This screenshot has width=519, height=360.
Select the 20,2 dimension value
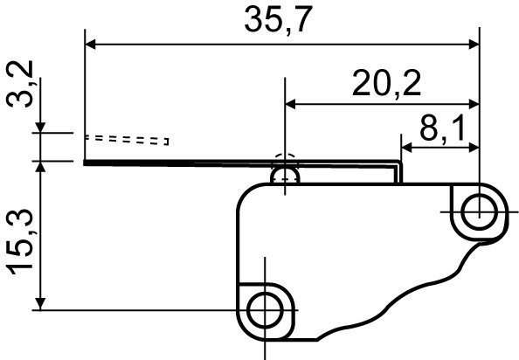pos(386,83)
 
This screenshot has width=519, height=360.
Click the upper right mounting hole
pos(477,211)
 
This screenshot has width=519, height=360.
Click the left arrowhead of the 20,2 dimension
pos(294,104)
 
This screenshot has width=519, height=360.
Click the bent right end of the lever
pos(399,169)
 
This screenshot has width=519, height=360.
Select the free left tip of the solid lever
pos(87,163)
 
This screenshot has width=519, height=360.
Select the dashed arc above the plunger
pos(286,160)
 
